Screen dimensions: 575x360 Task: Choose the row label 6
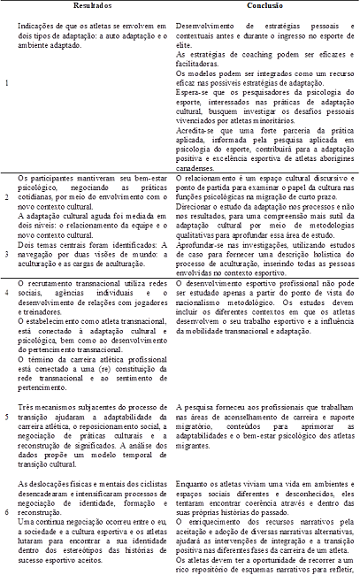pyautogui.click(x=7, y=511)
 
